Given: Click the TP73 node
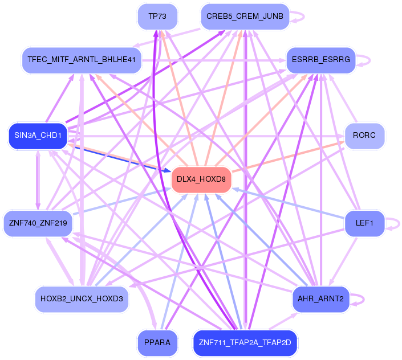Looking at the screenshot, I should pyautogui.click(x=157, y=17).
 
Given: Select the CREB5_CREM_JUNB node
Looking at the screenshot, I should pyautogui.click(x=245, y=17).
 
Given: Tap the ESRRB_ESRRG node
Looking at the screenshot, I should pyautogui.click(x=321, y=59).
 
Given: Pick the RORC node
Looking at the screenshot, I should pyautogui.click(x=364, y=136).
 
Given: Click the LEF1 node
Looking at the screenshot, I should pyautogui.click(x=364, y=223).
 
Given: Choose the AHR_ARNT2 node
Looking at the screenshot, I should pyautogui.click(x=320, y=298).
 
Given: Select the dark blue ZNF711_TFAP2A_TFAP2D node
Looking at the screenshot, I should pyautogui.click(x=245, y=343).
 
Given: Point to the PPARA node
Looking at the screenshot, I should pyautogui.click(x=157, y=343).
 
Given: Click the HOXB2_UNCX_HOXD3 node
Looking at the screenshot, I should pyautogui.click(x=82, y=298).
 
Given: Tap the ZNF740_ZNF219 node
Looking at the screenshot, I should pyautogui.click(x=38, y=223).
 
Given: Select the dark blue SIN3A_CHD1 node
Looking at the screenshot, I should pyautogui.click(x=38, y=136).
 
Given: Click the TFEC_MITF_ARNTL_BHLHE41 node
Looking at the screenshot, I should pyautogui.click(x=81, y=59).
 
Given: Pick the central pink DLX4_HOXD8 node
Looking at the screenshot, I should pyautogui.click(x=201, y=179).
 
